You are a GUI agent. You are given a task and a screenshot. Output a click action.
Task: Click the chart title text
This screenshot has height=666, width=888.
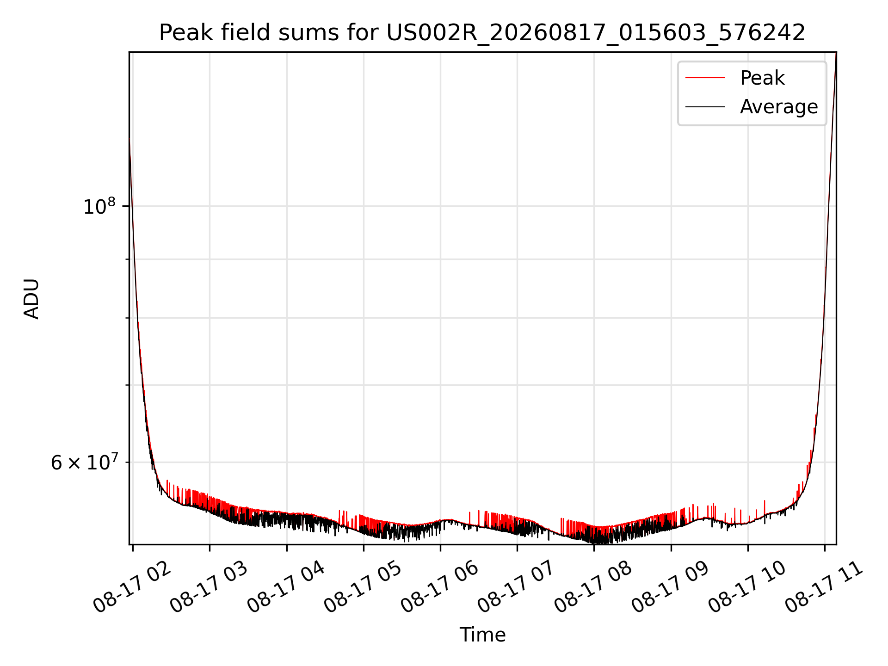[x=482, y=33]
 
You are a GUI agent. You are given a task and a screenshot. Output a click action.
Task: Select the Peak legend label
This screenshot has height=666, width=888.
[x=762, y=78]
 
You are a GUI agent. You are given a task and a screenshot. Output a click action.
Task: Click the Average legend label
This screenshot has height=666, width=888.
[x=779, y=107]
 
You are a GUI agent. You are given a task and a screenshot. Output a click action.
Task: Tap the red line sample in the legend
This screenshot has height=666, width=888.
[x=705, y=78]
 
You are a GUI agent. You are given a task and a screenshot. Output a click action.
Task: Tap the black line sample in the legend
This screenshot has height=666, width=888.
[x=705, y=107]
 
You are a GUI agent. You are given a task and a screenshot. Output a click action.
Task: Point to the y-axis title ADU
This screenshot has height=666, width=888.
[x=31, y=298]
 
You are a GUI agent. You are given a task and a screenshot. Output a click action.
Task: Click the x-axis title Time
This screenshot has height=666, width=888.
[x=482, y=635]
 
